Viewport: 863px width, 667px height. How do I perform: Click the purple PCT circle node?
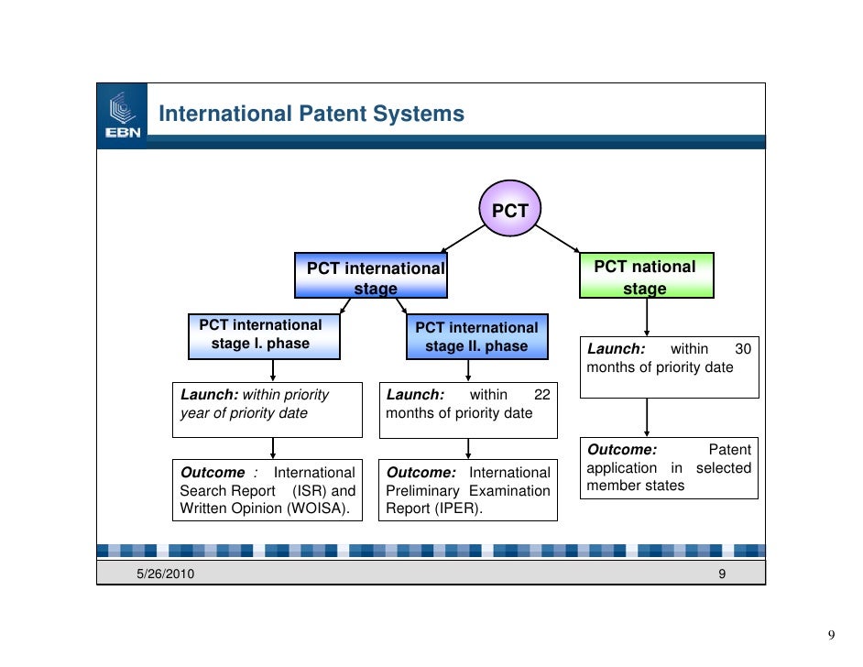click(x=510, y=210)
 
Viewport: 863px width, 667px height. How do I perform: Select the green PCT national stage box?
click(x=646, y=276)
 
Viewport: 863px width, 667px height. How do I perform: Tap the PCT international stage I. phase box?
click(x=261, y=335)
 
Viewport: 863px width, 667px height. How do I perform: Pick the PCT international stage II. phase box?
click(x=476, y=337)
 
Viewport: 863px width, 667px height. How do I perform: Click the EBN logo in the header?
click(x=122, y=115)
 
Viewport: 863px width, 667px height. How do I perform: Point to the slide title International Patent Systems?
click(x=311, y=115)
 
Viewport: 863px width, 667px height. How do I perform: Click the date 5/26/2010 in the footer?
click(x=165, y=574)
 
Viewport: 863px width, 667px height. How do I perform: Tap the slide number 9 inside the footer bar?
click(x=722, y=574)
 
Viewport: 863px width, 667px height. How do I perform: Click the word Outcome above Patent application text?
click(x=621, y=450)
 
